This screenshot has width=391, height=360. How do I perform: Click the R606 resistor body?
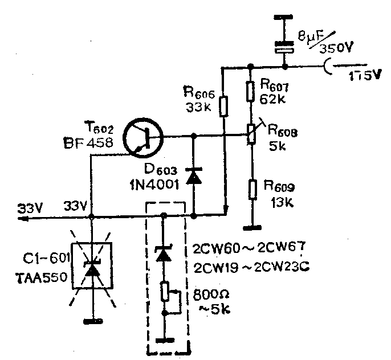[223, 107]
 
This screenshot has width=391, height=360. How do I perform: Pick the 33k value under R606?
[198, 106]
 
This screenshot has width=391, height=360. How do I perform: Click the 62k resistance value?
[272, 98]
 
